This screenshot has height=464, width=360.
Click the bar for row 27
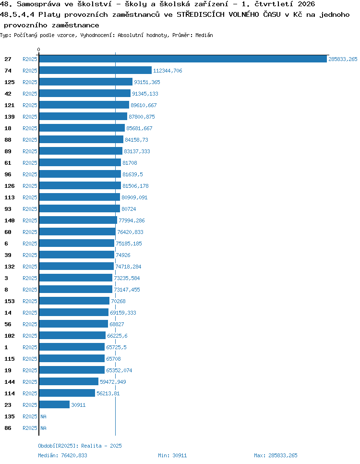click(183, 59)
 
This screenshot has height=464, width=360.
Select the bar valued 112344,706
click(95, 71)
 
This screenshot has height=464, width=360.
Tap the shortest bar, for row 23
click(54, 404)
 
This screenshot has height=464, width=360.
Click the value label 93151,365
click(147, 82)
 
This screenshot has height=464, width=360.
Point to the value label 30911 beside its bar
click(78, 405)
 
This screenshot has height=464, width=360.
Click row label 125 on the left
click(10, 82)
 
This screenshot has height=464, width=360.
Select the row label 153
click(10, 301)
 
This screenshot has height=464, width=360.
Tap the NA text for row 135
click(44, 416)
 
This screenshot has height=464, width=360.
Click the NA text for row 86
click(44, 428)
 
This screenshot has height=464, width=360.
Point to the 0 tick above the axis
click(39, 49)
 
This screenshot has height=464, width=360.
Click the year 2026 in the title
click(306, 4)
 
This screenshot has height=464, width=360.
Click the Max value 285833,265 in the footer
click(283, 455)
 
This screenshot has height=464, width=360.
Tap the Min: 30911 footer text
click(172, 455)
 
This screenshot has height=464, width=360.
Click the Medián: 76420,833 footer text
click(63, 455)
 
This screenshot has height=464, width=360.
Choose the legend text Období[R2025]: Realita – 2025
click(80, 446)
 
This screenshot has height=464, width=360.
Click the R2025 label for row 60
click(30, 232)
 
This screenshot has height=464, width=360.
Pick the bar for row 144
click(69, 381)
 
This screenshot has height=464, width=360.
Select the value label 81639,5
click(133, 174)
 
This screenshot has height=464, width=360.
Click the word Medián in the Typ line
click(204, 35)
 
